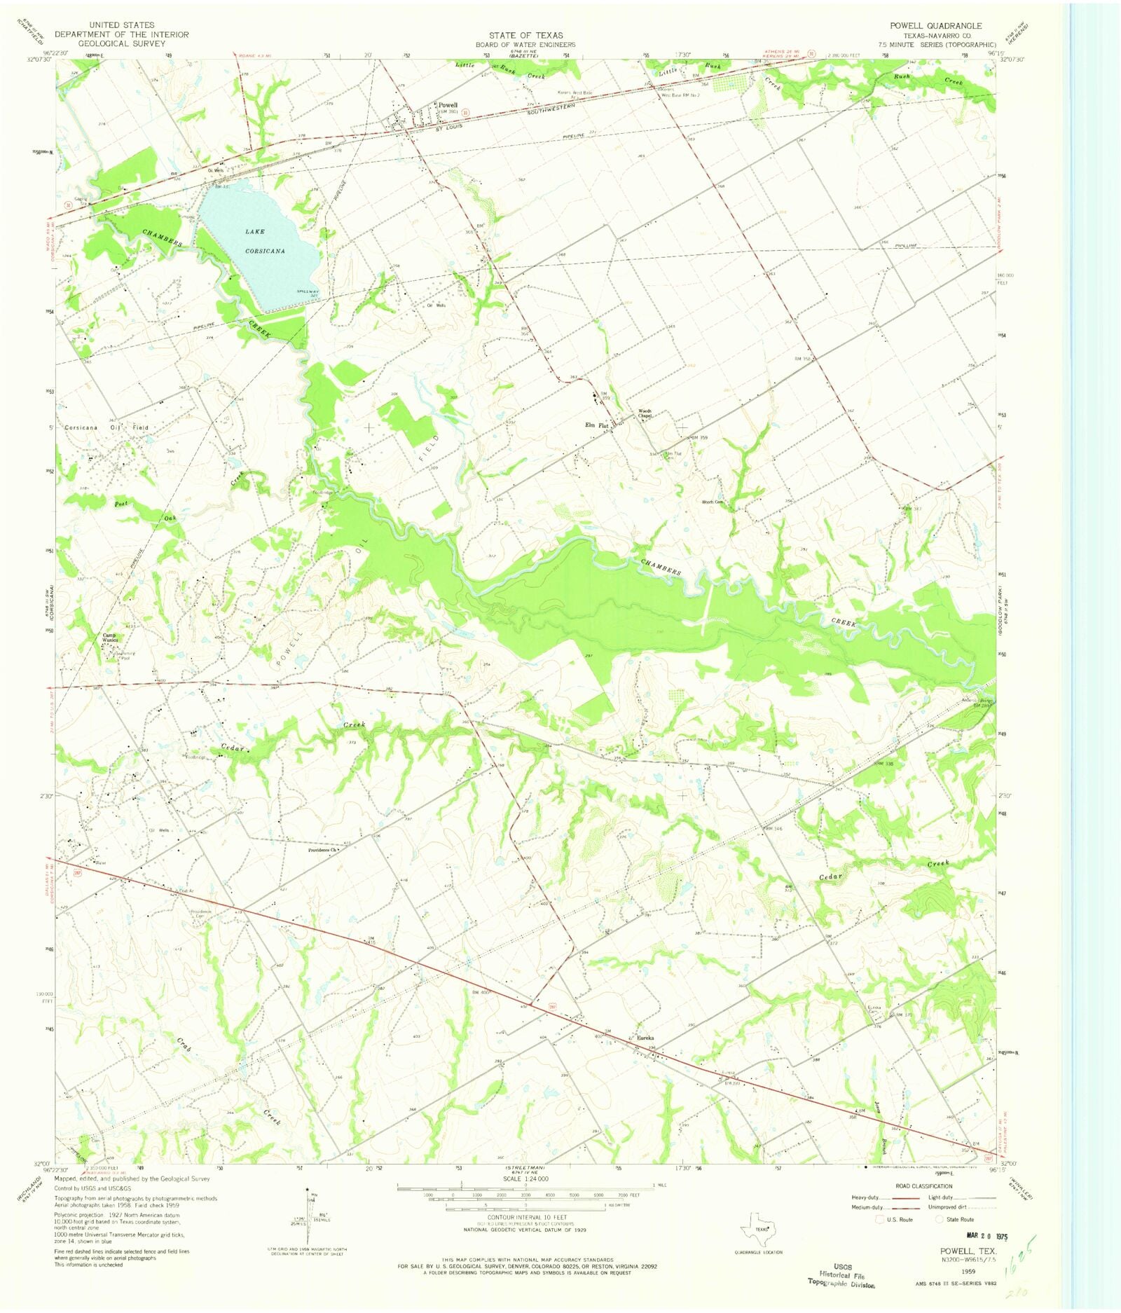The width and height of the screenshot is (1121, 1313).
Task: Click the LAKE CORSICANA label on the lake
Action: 264,240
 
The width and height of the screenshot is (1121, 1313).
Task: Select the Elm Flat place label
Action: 597,425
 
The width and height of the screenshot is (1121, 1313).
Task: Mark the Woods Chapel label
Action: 645,413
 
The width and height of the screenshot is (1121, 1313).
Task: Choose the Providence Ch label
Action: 323,851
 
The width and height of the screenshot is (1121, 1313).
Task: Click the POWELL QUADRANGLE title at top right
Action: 935,25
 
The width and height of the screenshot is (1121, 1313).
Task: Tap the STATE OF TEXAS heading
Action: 525,34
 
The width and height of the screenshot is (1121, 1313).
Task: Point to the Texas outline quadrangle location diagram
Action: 759,1226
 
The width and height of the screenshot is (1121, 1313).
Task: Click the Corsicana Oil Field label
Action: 106,427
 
